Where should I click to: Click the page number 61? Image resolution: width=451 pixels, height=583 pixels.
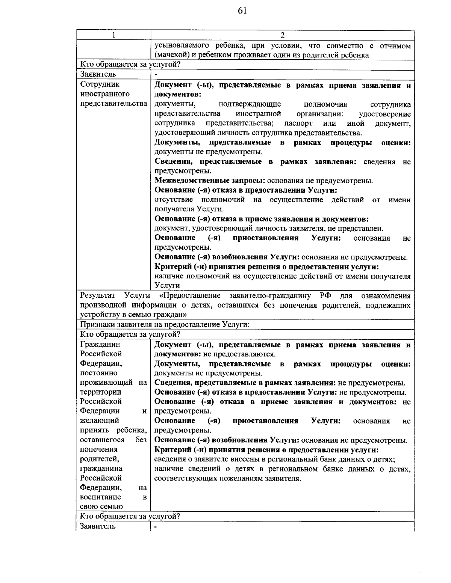[242, 11]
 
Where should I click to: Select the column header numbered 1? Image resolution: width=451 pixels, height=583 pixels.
[114, 35]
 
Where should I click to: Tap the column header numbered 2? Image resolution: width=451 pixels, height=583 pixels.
[283, 35]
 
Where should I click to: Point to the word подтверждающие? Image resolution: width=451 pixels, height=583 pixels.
[250, 104]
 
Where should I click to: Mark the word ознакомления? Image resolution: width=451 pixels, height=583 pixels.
[386, 295]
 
